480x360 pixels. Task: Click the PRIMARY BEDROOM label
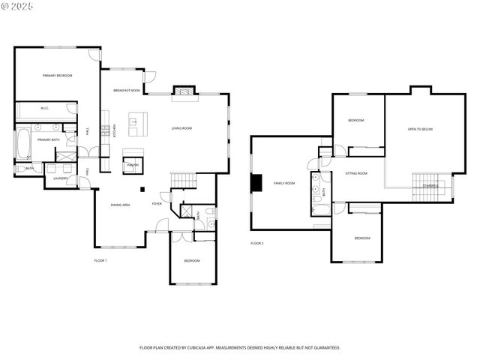pyautogui.click(x=57, y=76)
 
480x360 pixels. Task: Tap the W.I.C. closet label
pyautogui.click(x=44, y=109)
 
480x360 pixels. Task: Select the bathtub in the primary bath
pyautogui.click(x=22, y=145)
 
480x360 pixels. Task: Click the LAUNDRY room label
pyautogui.click(x=61, y=178)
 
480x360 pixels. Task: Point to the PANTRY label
pyautogui.click(x=133, y=164)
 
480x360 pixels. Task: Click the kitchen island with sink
pyautogui.click(x=137, y=124)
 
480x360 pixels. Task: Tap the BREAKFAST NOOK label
pyautogui.click(x=127, y=91)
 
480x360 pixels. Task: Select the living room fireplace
pyautogui.click(x=184, y=92)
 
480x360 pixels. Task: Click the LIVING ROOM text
pyautogui.click(x=181, y=128)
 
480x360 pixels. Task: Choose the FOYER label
pyautogui.click(x=157, y=204)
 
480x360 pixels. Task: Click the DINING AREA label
pyautogui.click(x=121, y=205)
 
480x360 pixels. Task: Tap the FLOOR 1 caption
pyautogui.click(x=100, y=260)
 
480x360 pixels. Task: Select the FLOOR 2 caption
pyautogui.click(x=257, y=243)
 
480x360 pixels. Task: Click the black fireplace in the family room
pyautogui.click(x=256, y=183)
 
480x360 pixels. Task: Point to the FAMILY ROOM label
pyautogui.click(x=284, y=183)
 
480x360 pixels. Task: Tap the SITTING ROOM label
pyautogui.click(x=356, y=173)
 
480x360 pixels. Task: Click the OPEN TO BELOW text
pyautogui.click(x=420, y=129)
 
